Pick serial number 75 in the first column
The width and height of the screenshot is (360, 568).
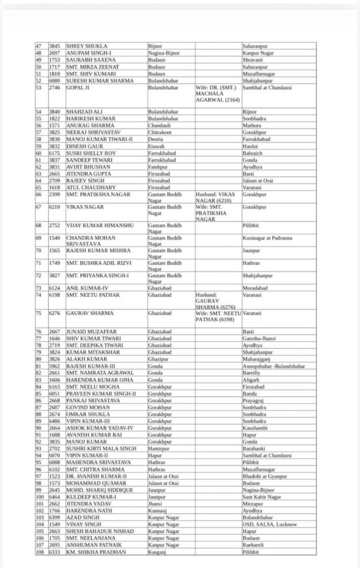click(x=39, y=313)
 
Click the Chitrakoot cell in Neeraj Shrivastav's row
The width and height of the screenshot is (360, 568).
click(x=160, y=133)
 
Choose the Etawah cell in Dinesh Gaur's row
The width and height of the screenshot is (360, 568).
click(x=156, y=146)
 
